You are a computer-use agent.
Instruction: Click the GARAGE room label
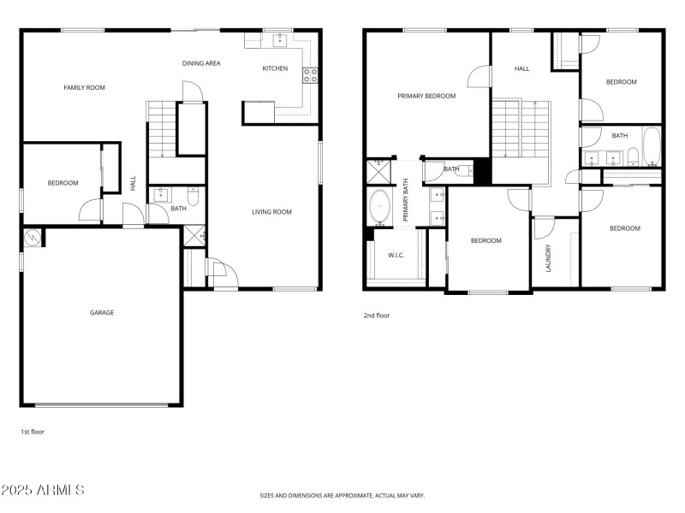(102, 313)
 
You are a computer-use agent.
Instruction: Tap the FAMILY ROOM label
(84, 87)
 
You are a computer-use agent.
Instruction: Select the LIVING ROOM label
(272, 212)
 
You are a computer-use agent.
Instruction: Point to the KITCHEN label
(275, 68)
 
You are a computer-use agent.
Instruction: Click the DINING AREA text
(202, 63)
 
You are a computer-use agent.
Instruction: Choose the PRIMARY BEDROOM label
(426, 96)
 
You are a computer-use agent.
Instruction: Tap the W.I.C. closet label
(396, 255)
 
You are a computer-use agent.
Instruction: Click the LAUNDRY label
(548, 259)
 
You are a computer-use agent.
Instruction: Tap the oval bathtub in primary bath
(379, 208)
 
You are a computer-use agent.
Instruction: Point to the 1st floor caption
(33, 432)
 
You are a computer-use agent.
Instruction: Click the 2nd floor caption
(376, 315)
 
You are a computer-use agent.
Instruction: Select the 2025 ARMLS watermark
(43, 490)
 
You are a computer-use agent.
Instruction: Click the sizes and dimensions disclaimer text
(342, 495)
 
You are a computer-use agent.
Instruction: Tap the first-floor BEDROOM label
(63, 183)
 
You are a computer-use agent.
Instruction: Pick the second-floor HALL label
(521, 68)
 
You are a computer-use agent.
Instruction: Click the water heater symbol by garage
(32, 237)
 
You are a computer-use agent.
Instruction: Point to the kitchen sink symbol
(279, 39)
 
